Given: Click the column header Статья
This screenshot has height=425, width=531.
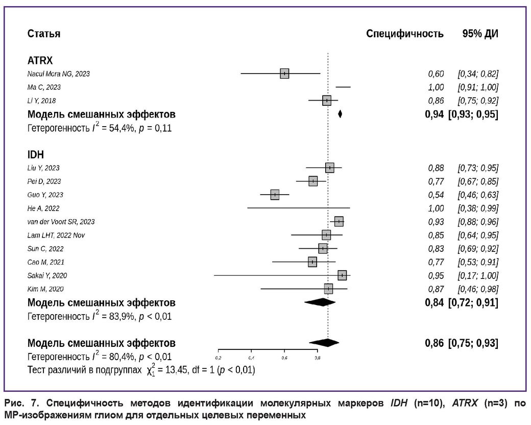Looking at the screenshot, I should tap(43, 34).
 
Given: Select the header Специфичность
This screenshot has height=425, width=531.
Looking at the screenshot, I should tap(404, 34).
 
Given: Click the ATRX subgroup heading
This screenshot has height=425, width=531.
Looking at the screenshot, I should tap(40, 61).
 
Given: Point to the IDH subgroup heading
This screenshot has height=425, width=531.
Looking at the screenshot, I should tap(35, 155).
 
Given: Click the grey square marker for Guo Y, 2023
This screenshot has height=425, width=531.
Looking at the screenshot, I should tap(275, 195).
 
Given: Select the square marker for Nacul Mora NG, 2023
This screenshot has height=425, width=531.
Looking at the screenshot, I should tap(284, 74).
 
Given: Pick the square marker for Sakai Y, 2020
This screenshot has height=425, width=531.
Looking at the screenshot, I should tap(342, 275).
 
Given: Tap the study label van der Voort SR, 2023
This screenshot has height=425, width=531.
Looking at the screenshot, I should tap(61, 222).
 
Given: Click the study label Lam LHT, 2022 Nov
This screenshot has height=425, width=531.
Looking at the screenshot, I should tap(56, 235).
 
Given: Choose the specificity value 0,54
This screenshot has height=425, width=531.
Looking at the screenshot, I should tap(436, 195).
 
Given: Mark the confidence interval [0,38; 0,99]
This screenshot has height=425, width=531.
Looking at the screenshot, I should tap(478, 208).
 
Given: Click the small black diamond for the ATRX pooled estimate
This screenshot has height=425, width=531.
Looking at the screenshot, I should tap(340, 114).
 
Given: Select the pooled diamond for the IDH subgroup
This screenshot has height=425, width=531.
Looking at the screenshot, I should tap(320, 302).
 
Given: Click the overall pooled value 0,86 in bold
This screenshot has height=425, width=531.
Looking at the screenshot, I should tap(434, 342).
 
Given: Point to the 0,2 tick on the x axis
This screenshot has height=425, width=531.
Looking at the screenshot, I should tap(218, 358).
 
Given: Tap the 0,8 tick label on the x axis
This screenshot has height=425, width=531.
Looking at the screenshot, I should tap(317, 358).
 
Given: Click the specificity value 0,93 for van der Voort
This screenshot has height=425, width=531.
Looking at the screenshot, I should tap(436, 222).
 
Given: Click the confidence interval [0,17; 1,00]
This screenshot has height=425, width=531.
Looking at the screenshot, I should tap(478, 275).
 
